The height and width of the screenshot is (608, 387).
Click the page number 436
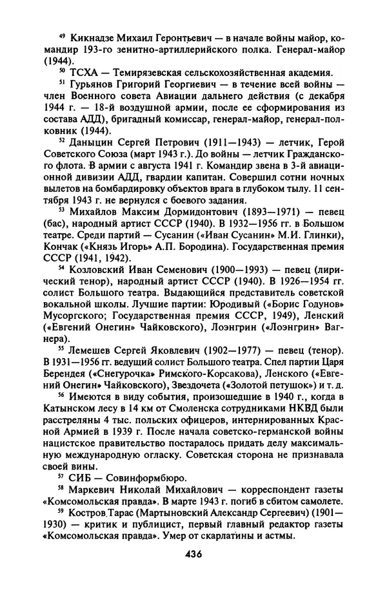193,554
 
